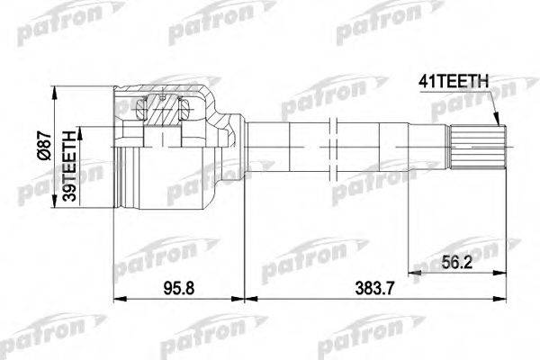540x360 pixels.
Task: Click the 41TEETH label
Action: click(x=455, y=82)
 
